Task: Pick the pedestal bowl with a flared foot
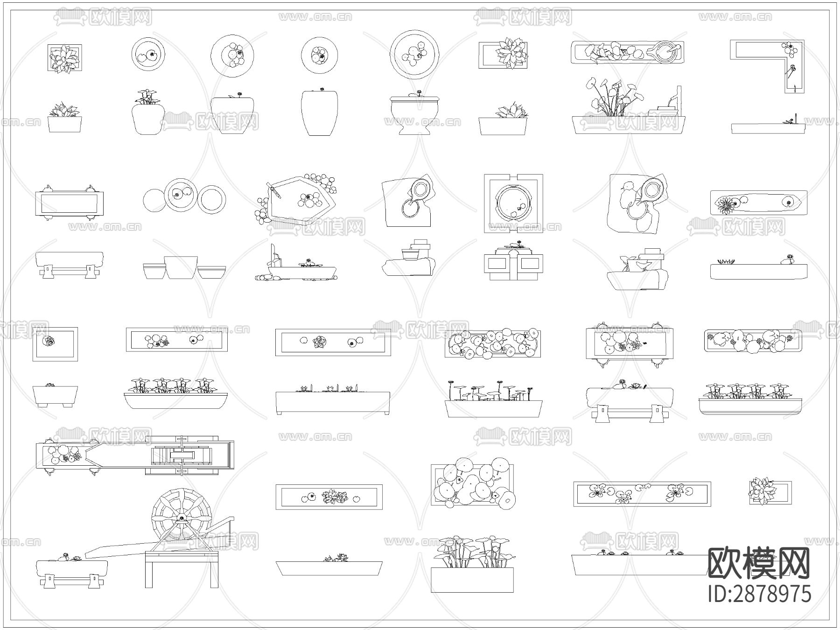point(414,115)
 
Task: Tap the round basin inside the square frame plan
point(513,203)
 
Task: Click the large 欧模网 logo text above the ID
point(759,563)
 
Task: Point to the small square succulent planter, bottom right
point(770,491)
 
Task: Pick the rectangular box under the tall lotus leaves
point(472,580)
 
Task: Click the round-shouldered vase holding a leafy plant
point(148,119)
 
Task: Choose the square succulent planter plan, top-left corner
point(65,58)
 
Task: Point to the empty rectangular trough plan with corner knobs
point(69,203)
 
